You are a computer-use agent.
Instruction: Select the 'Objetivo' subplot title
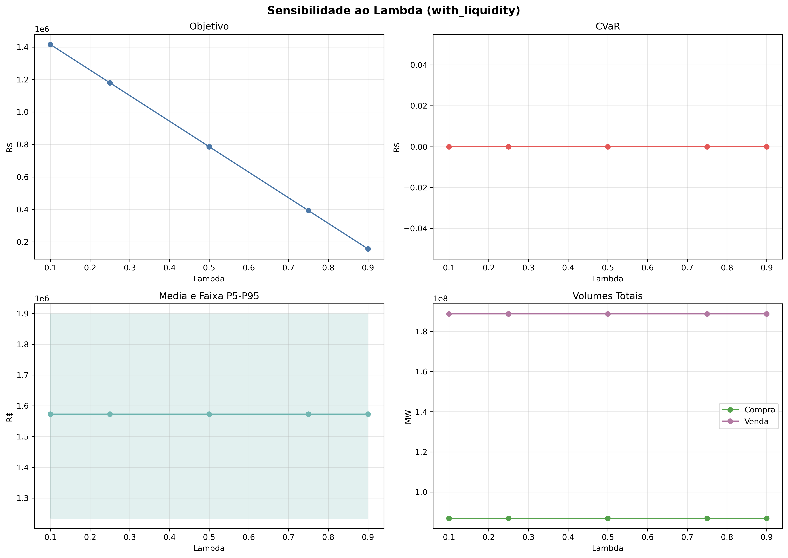click(x=209, y=26)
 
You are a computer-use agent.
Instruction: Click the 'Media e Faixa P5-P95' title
click(x=209, y=296)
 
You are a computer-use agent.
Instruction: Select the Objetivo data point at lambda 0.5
click(x=209, y=147)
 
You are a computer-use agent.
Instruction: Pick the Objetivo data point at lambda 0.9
click(x=368, y=249)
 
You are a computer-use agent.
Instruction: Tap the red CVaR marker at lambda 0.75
click(x=707, y=147)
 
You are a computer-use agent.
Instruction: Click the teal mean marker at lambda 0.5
click(x=209, y=414)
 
